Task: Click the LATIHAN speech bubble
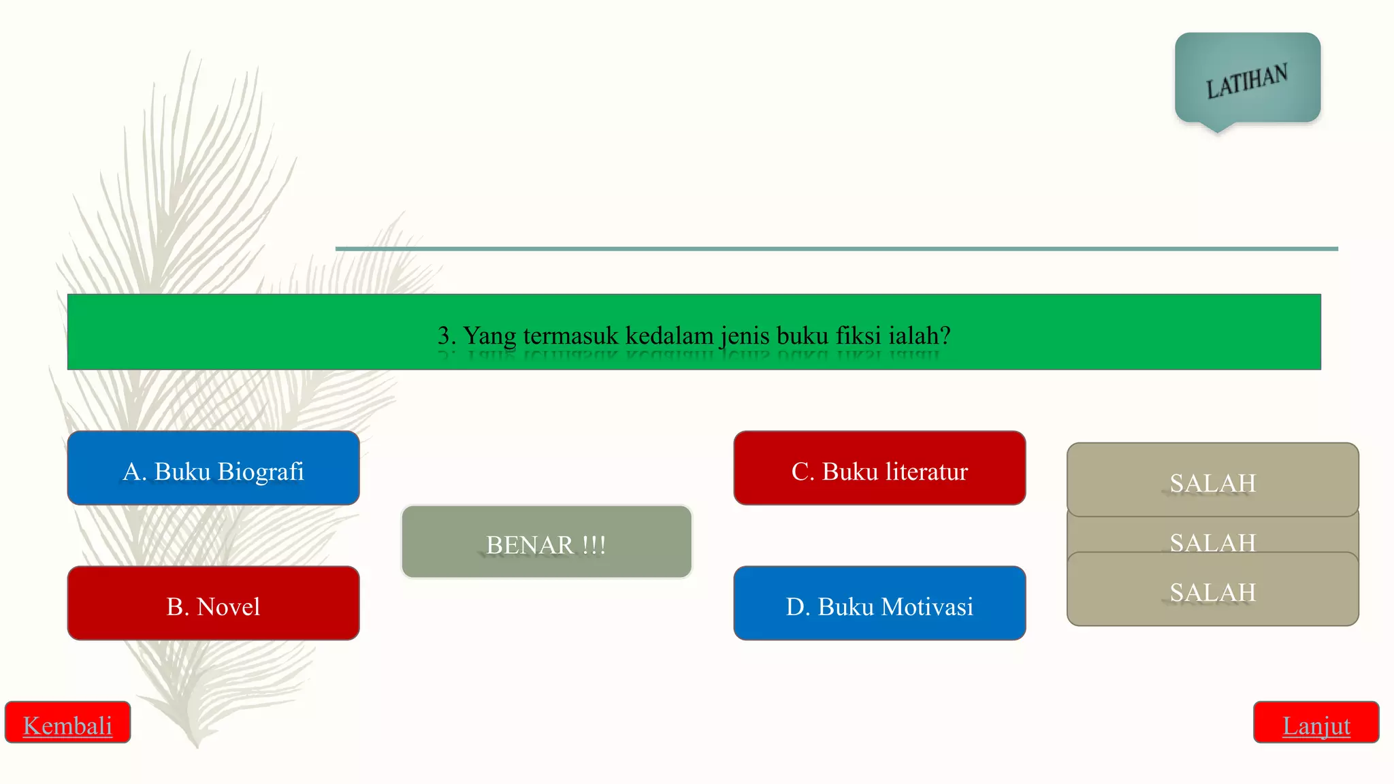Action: (x=1248, y=78)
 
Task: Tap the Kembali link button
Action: (x=67, y=722)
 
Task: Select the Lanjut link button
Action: (x=1316, y=722)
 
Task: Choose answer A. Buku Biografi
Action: (x=213, y=468)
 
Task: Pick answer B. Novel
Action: (x=213, y=603)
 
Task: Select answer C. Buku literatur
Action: (x=879, y=468)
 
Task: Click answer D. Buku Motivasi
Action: (x=879, y=603)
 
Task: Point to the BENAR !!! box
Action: (x=547, y=542)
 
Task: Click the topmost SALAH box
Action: (x=1213, y=480)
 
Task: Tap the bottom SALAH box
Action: (x=1213, y=589)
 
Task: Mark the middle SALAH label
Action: (x=1213, y=542)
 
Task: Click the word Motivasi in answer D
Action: (x=929, y=606)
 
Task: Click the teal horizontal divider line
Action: (x=837, y=249)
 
